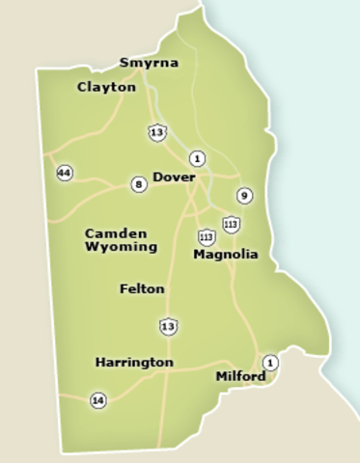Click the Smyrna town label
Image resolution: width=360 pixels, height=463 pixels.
pos(149,64)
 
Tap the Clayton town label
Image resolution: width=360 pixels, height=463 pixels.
pos(106,87)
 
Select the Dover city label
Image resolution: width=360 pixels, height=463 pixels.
pos(174,178)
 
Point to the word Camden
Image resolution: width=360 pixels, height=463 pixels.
pos(116,233)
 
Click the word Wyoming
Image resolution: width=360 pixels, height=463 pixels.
pos(121,247)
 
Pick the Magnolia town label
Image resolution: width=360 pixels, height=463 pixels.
pos(226,255)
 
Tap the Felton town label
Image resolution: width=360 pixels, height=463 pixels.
pos(142,288)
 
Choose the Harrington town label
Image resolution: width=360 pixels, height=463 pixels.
pos(134,362)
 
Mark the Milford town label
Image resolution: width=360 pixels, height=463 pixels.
pos(240,375)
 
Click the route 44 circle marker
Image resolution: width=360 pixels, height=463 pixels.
pos(65,174)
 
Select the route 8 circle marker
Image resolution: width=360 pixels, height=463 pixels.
pos(139,184)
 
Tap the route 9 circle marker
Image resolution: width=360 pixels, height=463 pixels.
pos(244,196)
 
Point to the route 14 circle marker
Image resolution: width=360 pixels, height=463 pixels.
pos(97,399)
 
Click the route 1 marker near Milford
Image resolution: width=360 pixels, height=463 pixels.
pos(270,363)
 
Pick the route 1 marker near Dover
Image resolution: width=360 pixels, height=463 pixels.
pos(197,158)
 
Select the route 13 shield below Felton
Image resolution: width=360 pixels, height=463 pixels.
pos(169,327)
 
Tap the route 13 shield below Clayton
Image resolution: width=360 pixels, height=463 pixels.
pos(157,131)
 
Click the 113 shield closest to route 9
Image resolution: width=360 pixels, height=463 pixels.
pos(231,225)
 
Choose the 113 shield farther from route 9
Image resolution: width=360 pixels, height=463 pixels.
pos(206,236)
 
